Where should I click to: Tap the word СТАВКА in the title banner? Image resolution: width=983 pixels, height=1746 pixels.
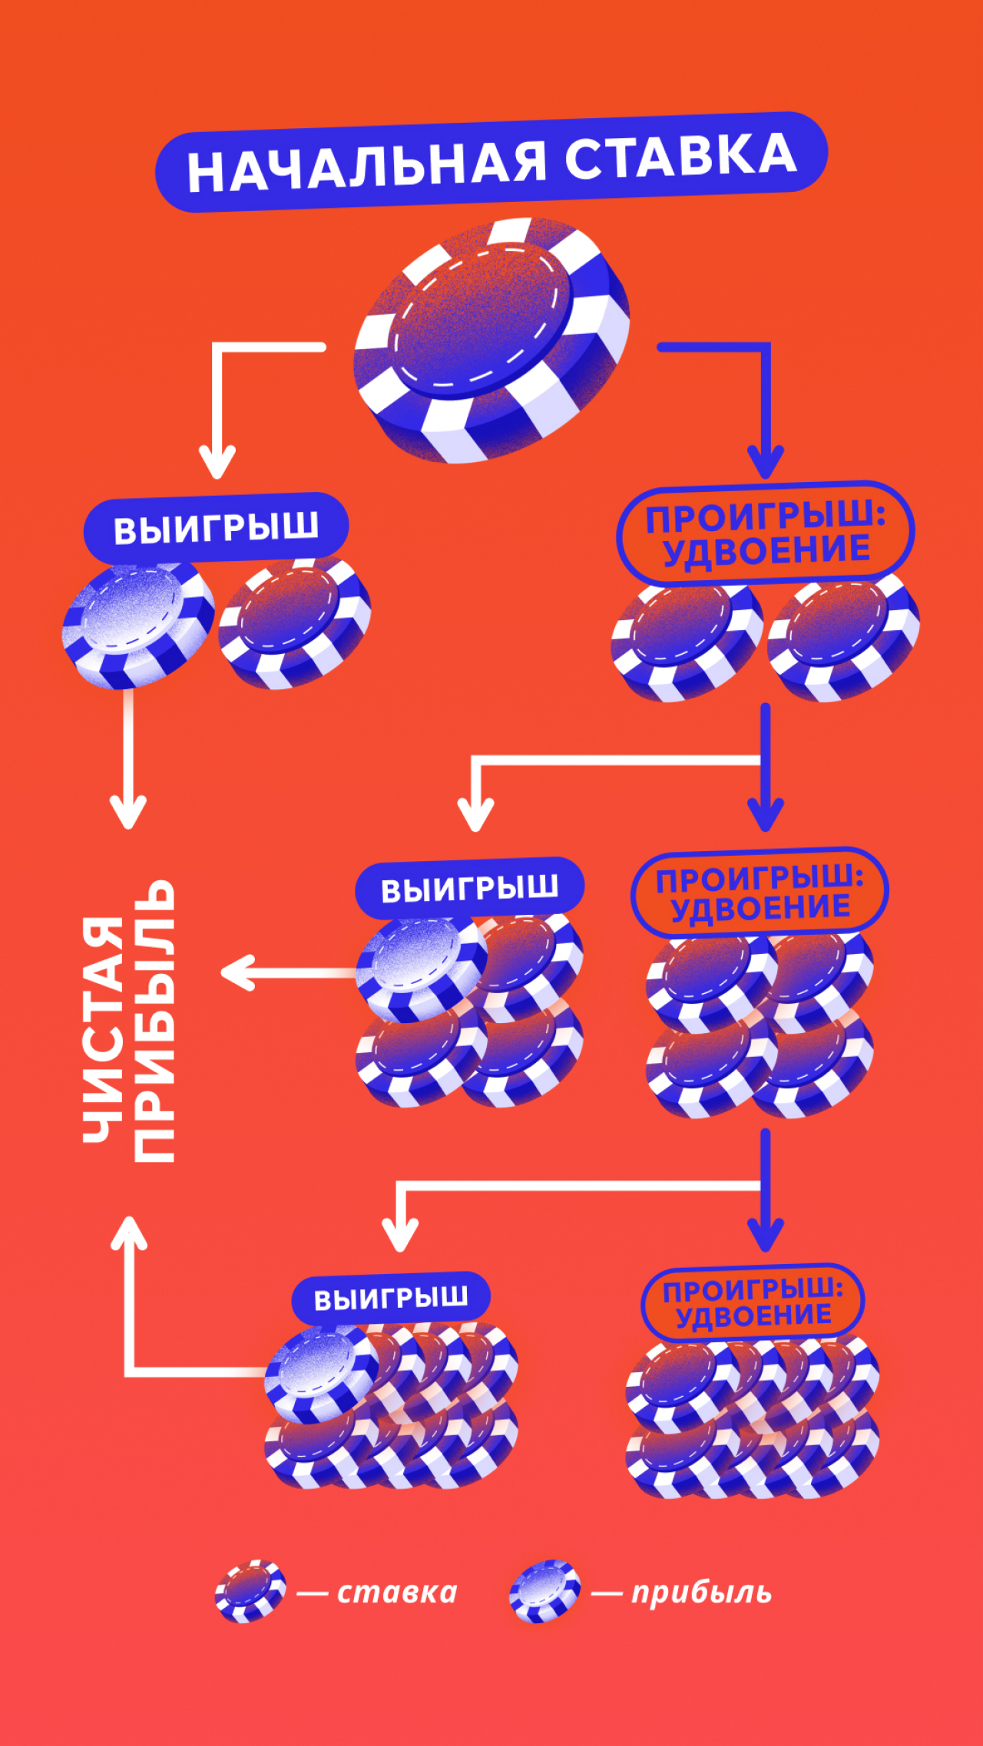[680, 157]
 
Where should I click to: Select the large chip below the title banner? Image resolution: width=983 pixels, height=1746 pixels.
[491, 341]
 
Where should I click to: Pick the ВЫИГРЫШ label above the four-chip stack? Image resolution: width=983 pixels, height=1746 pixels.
[469, 889]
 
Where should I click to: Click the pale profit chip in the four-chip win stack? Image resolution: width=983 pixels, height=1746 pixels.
[419, 968]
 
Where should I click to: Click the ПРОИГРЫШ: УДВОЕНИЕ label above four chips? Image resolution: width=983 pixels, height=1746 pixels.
[760, 893]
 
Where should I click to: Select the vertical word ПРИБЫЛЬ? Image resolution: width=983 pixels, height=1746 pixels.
[154, 1021]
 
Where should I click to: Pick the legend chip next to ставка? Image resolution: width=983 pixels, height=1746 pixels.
[250, 1591]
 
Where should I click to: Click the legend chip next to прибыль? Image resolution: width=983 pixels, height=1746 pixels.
[544, 1591]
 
